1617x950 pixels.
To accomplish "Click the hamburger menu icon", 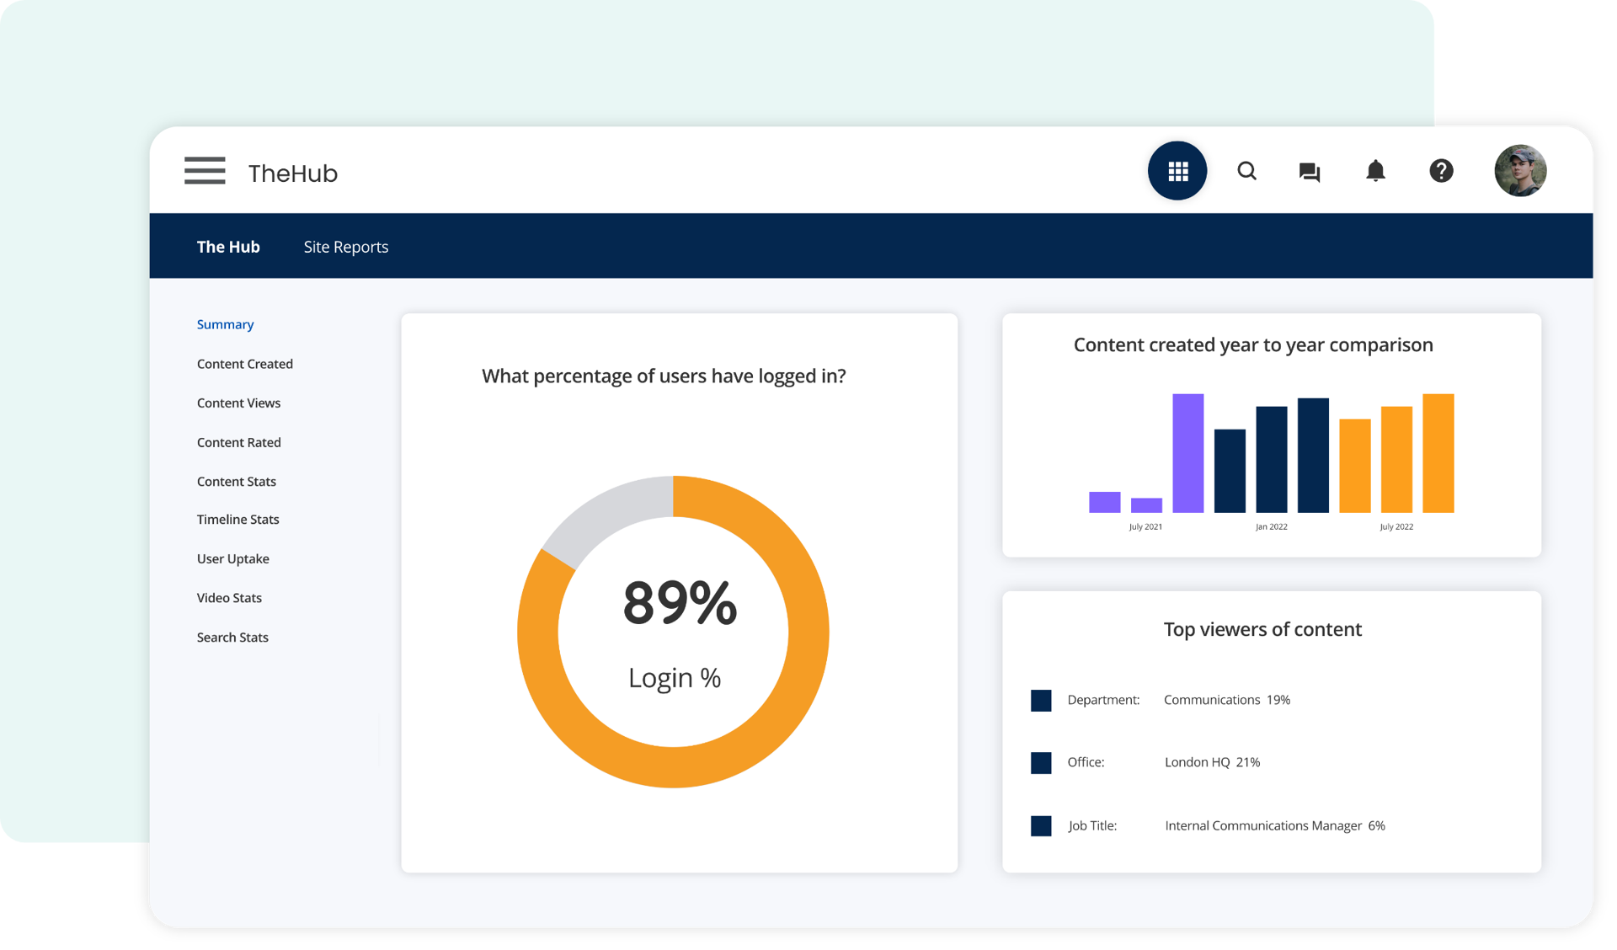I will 205,171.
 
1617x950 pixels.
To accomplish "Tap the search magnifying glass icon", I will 1246,171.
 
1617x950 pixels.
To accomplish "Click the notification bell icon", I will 1374,171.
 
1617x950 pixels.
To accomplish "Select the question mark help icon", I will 1441,171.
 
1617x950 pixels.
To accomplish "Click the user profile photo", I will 1519,171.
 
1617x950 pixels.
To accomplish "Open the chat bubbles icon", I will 1309,172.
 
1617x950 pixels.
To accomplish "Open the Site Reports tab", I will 345,247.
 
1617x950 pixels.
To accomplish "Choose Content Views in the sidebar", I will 238,403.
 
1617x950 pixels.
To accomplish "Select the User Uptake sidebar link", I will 232,558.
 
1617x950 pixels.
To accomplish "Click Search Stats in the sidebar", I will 232,638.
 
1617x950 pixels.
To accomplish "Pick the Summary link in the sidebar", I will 225,324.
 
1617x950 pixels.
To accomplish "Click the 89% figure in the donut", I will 679,603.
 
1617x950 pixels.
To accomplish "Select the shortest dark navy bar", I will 1229,471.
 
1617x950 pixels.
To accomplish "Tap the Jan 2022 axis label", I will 1271,527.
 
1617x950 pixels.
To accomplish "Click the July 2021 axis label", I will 1145,527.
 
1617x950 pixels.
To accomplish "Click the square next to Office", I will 1041,763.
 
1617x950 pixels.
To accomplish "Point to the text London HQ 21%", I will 1212,762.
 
